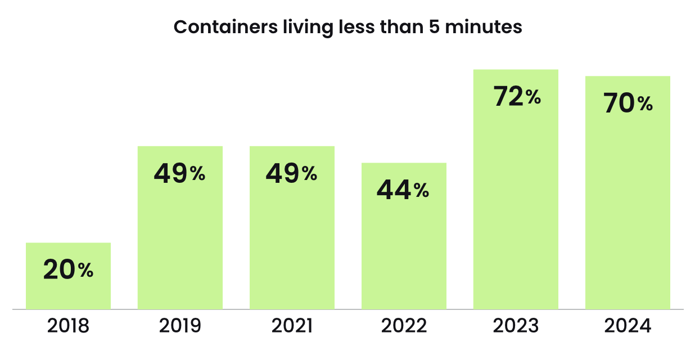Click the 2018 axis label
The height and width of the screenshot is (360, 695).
68,326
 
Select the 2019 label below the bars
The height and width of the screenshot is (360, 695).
180,326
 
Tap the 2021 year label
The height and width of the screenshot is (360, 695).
292,326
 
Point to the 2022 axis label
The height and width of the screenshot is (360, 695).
404,326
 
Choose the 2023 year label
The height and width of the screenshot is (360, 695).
516,326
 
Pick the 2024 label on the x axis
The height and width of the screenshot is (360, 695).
628,326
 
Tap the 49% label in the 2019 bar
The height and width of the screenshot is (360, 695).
180,174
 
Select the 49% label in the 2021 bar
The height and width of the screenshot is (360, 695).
292,174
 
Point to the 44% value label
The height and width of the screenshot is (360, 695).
403,191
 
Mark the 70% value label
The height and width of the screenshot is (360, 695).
628,104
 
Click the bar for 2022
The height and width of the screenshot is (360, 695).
404,253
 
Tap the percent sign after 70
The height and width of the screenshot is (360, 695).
645,105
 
